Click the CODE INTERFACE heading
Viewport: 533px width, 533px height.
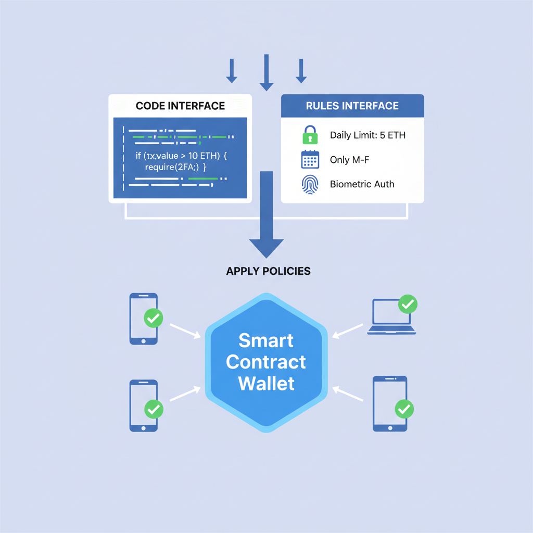pos(180,106)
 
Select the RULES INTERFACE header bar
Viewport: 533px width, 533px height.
pos(352,106)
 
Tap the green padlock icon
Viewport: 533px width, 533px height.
pos(310,135)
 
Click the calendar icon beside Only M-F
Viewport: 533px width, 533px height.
pos(310,159)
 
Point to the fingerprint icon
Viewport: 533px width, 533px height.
pos(310,184)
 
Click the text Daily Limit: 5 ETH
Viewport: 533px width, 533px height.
pos(367,135)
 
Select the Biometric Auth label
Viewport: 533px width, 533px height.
pos(362,184)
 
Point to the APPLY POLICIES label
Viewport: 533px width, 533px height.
pos(268,271)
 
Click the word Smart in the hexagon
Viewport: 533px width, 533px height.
pos(266,340)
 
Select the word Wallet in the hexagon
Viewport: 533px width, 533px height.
pos(266,383)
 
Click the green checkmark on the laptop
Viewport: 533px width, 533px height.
pos(407,304)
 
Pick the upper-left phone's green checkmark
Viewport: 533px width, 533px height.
pos(153,318)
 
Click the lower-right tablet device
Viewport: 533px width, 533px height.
pos(389,403)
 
